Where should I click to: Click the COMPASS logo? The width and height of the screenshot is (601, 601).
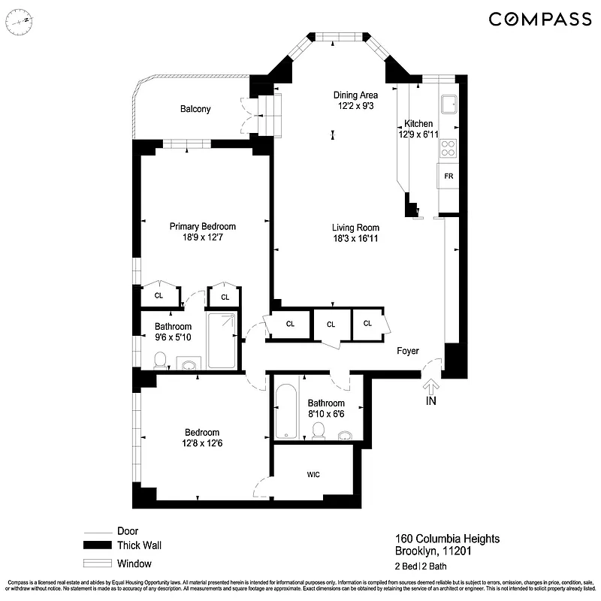point(539,19)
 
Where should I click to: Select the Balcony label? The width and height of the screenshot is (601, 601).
point(195,109)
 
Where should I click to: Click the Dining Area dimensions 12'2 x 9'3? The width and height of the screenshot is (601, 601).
point(355,107)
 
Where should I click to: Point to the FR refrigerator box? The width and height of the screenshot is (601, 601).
point(448,176)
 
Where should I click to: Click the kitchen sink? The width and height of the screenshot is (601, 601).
point(449,104)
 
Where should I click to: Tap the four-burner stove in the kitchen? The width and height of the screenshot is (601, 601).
point(448,148)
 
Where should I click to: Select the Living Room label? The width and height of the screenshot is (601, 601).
point(355,228)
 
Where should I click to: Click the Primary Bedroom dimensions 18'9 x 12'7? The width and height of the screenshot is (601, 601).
point(202,238)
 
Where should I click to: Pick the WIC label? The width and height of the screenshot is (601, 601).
point(314,475)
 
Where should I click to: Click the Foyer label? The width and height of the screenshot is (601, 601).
point(407,351)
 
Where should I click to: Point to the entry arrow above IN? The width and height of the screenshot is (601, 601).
point(431,385)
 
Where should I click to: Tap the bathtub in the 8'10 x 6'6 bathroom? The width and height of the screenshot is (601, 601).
point(286,412)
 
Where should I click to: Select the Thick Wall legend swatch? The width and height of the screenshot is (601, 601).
point(97,546)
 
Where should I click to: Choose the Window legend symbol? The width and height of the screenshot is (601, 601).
point(97,563)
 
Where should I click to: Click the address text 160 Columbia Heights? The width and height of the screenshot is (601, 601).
point(447,539)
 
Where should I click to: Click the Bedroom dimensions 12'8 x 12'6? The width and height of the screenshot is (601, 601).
point(202,443)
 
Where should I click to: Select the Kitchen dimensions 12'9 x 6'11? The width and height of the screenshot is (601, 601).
point(418,134)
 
